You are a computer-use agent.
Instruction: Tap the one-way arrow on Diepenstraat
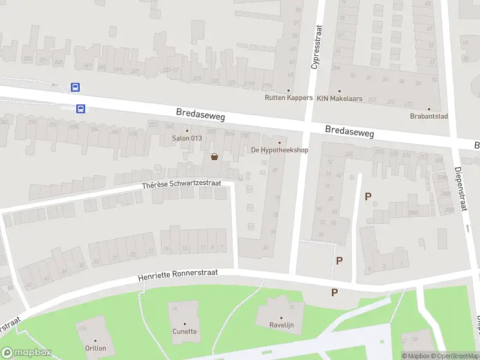pyautogui.click(x=467, y=229)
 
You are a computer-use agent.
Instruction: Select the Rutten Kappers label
pyautogui.click(x=289, y=98)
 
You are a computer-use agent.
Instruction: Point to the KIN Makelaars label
pyautogui.click(x=340, y=98)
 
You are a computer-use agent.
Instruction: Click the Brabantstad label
pyautogui.click(x=429, y=116)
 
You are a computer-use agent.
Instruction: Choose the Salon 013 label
pyautogui.click(x=187, y=138)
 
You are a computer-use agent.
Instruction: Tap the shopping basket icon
pyautogui.click(x=214, y=157)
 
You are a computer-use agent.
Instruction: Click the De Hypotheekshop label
pyautogui.click(x=279, y=150)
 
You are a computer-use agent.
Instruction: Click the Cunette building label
pyautogui.click(x=185, y=331)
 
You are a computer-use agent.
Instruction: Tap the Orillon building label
pyautogui.click(x=95, y=348)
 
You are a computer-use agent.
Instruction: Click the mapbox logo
pyautogui.click(x=26, y=353)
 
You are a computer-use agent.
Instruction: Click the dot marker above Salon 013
pyautogui.click(x=187, y=130)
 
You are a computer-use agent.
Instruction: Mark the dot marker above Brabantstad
pyautogui.click(x=429, y=109)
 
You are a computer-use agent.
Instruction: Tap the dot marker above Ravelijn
pyautogui.click(x=281, y=317)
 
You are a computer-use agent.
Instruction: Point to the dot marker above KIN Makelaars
pyautogui.click(x=340, y=91)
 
